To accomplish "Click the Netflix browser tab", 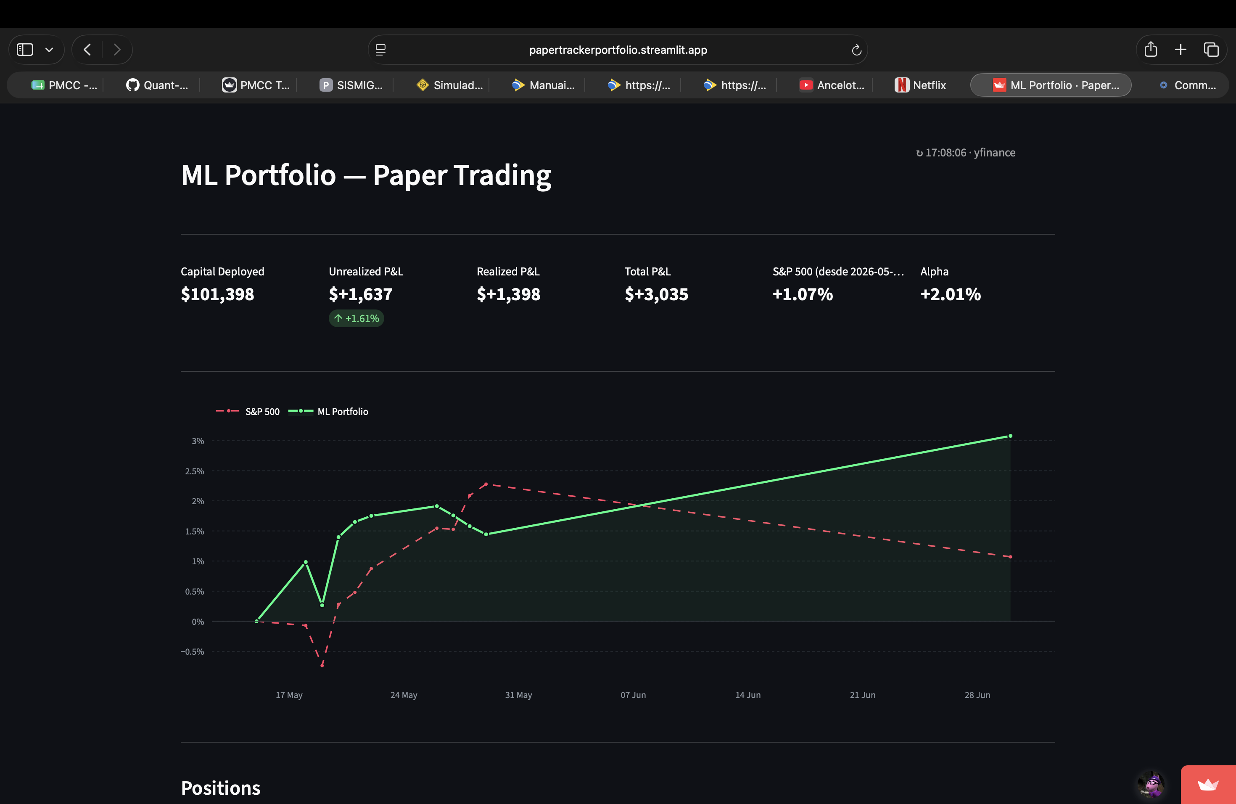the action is tap(920, 85).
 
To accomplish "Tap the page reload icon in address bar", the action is tap(856, 50).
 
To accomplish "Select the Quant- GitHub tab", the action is tap(157, 85).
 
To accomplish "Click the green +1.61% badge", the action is tap(356, 318).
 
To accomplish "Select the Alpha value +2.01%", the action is tap(951, 294).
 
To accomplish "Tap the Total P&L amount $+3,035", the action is tap(656, 294).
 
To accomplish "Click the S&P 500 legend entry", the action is tap(248, 411).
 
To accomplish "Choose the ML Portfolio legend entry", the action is tap(328, 411).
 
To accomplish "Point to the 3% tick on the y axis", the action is tap(198, 441).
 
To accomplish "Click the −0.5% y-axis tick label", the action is tap(192, 652).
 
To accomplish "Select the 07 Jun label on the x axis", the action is tap(633, 695).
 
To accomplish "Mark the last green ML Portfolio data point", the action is tap(1010, 436).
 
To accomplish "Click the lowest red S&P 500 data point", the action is tap(322, 665).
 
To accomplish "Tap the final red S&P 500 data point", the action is tap(1010, 557).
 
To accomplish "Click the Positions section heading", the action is tap(221, 788).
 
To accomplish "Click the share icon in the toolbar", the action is tap(1151, 49).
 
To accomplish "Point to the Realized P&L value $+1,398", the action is tap(508, 294).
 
